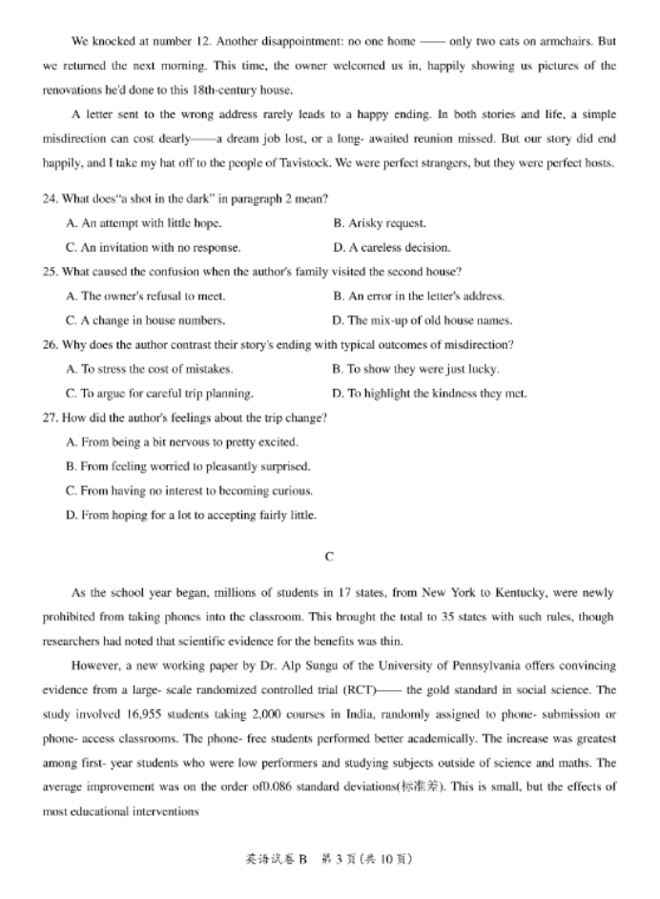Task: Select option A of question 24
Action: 144,223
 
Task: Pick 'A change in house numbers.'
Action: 146,320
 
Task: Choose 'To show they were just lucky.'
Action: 415,369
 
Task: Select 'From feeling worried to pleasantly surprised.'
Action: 188,466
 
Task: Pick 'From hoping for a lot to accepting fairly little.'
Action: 191,515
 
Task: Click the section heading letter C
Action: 329,556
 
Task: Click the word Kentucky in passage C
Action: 517,593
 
